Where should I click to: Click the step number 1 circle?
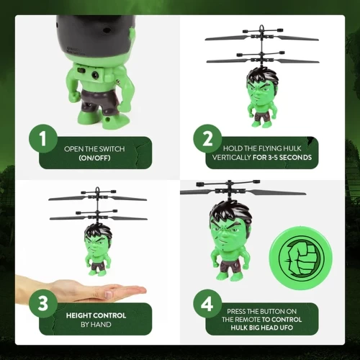(43, 138)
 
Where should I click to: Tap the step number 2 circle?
(207, 138)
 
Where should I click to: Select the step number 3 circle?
(43, 304)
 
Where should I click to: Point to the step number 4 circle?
(207, 304)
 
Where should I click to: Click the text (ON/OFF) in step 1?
(94, 158)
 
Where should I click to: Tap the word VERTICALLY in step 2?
(231, 158)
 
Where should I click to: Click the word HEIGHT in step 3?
(79, 315)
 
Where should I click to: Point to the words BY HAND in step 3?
(96, 325)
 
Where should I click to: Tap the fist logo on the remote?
(302, 258)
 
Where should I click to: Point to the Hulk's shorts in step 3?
(97, 266)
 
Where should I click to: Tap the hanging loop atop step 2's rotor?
(262, 28)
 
